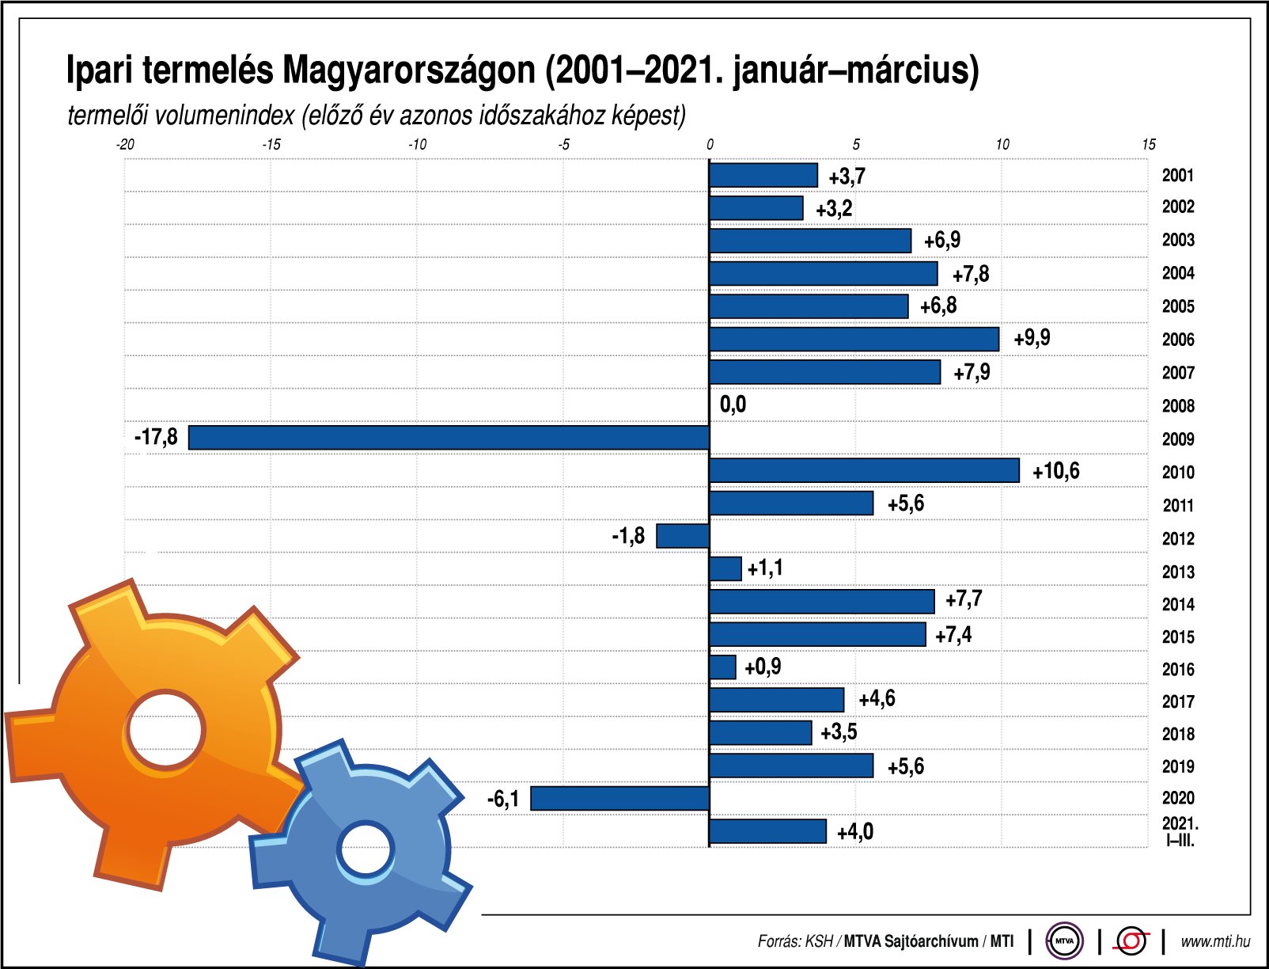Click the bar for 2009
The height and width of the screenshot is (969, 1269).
(x=449, y=438)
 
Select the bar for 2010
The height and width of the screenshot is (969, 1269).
(x=864, y=471)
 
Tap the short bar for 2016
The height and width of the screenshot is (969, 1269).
(x=722, y=667)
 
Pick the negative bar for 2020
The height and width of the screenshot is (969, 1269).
(x=619, y=798)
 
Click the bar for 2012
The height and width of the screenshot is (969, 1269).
(x=683, y=536)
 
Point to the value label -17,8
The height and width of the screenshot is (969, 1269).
(x=156, y=437)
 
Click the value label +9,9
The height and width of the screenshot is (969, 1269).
(x=1032, y=338)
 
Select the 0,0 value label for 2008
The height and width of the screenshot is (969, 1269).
(x=733, y=405)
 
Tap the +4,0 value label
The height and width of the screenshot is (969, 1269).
(x=855, y=831)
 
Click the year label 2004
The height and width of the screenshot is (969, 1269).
(x=1177, y=273)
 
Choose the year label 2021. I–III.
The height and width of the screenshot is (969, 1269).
(x=1180, y=831)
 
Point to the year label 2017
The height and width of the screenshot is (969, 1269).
(x=1177, y=701)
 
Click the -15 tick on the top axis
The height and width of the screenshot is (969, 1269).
(x=271, y=144)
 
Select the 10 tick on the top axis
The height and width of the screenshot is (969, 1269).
(x=1002, y=144)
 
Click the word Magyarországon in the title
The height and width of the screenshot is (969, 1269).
(x=408, y=70)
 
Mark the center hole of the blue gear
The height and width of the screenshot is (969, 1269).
(x=366, y=851)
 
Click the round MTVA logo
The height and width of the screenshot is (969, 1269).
(x=1064, y=940)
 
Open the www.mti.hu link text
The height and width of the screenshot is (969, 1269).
(x=1215, y=941)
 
